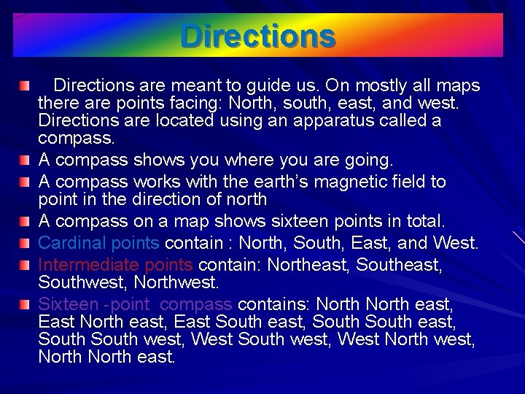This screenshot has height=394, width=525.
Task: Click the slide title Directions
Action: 258,35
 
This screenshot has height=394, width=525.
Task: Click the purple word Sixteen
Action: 68,304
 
